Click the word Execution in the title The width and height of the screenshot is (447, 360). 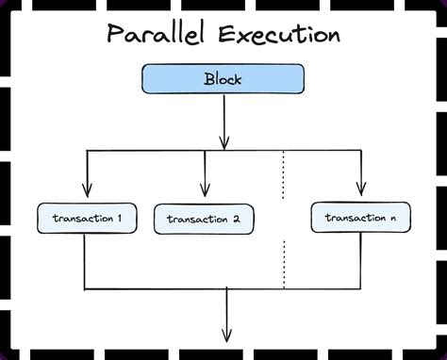tap(281, 36)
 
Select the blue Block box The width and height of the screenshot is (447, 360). tap(223, 79)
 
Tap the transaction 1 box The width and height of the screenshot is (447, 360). tap(85, 220)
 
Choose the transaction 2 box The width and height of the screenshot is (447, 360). tap(203, 220)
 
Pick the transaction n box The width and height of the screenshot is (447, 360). tap(359, 218)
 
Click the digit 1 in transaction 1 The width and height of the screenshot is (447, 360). tap(119, 220)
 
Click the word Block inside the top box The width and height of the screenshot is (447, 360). tap(223, 79)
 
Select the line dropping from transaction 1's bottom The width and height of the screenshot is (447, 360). tap(85, 259)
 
